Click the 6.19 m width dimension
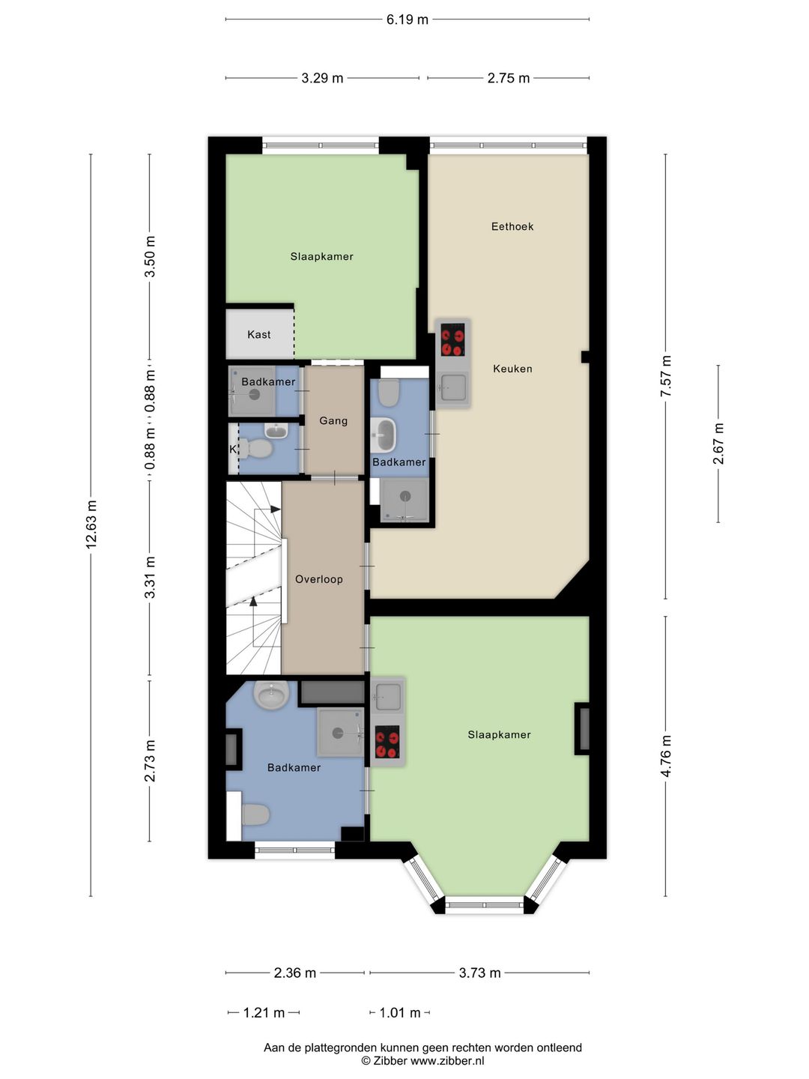point(407,19)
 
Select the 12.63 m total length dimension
point(91,525)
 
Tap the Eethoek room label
point(512,226)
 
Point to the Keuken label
point(512,369)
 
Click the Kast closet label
point(259,335)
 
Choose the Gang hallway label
point(333,421)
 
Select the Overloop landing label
point(319,579)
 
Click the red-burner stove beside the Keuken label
point(452,339)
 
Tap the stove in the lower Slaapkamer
point(387,742)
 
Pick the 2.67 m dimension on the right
point(718,444)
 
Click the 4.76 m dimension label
point(666,756)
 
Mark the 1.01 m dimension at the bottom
point(400,1013)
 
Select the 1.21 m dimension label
point(264,1013)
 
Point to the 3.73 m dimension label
point(479,973)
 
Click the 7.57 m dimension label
point(666,377)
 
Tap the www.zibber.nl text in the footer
point(447,1061)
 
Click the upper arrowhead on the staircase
point(275,510)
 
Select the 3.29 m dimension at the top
point(322,78)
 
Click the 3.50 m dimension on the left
point(150,256)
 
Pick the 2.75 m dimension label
point(509,78)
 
